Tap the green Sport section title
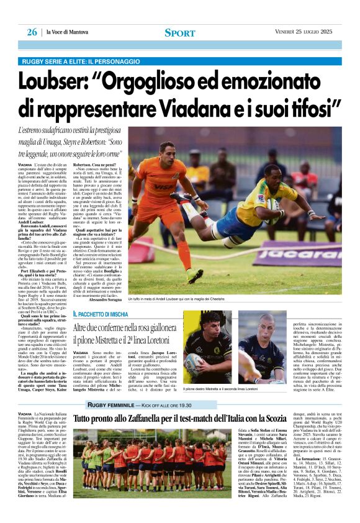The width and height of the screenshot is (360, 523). tap(180, 33)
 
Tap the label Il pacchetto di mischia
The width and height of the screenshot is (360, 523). tap(101, 314)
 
